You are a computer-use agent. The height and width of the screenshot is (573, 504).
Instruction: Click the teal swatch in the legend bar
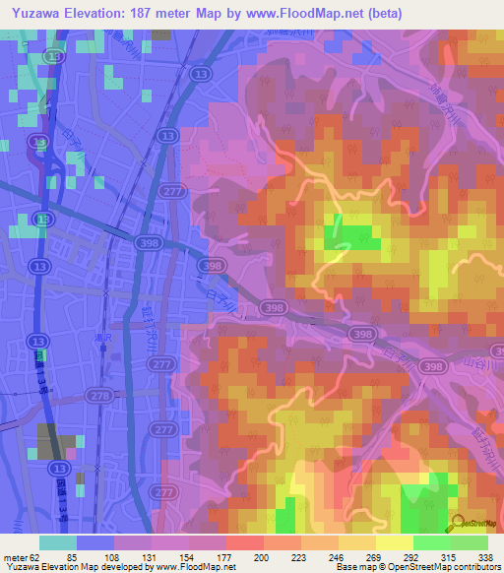point(58,542)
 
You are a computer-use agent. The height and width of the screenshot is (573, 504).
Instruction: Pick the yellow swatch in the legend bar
point(394,542)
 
